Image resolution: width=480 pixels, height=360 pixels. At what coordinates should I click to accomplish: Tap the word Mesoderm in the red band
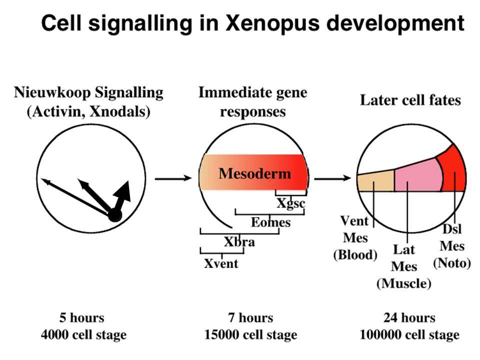(254, 173)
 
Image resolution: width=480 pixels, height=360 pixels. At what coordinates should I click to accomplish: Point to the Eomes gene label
(270, 222)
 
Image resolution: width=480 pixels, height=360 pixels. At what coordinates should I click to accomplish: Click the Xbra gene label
(239, 242)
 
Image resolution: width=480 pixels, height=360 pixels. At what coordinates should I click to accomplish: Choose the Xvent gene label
(221, 263)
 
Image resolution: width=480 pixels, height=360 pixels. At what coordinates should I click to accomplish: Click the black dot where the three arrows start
(115, 215)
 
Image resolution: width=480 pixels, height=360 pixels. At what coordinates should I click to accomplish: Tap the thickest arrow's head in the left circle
(123, 191)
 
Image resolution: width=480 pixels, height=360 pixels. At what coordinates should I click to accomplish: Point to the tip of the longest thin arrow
(41, 179)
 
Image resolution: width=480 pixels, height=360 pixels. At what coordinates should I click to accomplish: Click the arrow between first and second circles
(173, 178)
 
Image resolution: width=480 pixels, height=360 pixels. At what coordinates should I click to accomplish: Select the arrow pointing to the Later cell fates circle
(333, 178)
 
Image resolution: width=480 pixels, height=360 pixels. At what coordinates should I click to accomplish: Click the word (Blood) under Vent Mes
(355, 254)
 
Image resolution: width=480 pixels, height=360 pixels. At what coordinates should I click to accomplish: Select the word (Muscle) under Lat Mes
(404, 283)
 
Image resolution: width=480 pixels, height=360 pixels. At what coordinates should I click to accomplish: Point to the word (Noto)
(452, 263)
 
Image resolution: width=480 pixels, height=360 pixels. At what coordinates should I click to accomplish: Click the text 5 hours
(81, 317)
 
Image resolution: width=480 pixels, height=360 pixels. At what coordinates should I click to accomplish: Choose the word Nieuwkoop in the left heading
(52, 93)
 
